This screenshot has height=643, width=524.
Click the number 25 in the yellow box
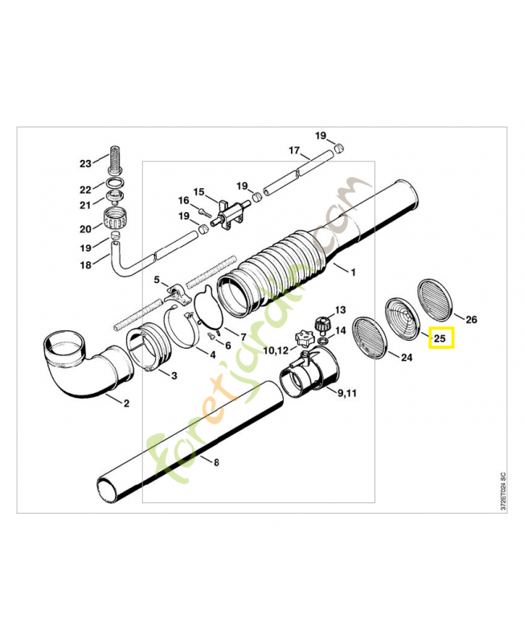tap(440, 338)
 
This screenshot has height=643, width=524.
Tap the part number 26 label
tap(472, 320)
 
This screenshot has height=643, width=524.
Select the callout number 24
tap(405, 358)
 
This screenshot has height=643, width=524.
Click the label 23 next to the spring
tap(86, 164)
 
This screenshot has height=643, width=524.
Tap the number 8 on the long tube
tap(215, 461)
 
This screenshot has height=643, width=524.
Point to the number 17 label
tap(294, 150)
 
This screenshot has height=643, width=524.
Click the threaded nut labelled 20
tap(116, 217)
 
